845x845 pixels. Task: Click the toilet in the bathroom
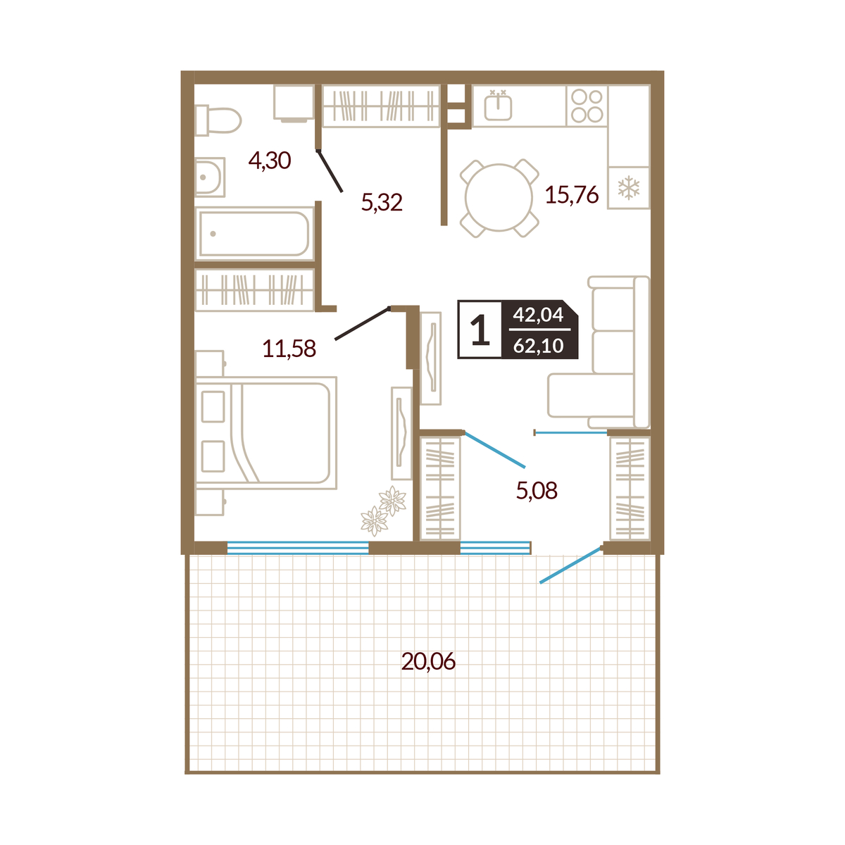(x=218, y=120)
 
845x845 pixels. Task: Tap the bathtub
(x=255, y=233)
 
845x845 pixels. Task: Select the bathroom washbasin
(x=210, y=177)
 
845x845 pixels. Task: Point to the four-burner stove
(x=587, y=106)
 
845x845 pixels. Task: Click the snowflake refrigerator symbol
(x=628, y=188)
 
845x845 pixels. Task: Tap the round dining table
(x=499, y=198)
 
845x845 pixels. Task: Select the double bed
(x=266, y=432)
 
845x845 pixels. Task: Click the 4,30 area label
(x=269, y=161)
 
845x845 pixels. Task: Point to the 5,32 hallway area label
(x=382, y=203)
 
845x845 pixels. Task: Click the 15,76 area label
(x=571, y=194)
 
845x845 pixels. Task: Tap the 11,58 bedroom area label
(x=289, y=349)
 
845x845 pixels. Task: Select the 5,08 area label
(x=537, y=491)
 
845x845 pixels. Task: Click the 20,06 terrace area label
(x=428, y=661)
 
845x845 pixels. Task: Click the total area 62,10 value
(x=538, y=346)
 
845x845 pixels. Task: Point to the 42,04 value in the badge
(x=538, y=314)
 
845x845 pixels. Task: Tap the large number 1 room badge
(x=480, y=330)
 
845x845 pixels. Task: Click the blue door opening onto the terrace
(x=570, y=565)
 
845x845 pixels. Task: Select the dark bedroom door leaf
(x=362, y=324)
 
